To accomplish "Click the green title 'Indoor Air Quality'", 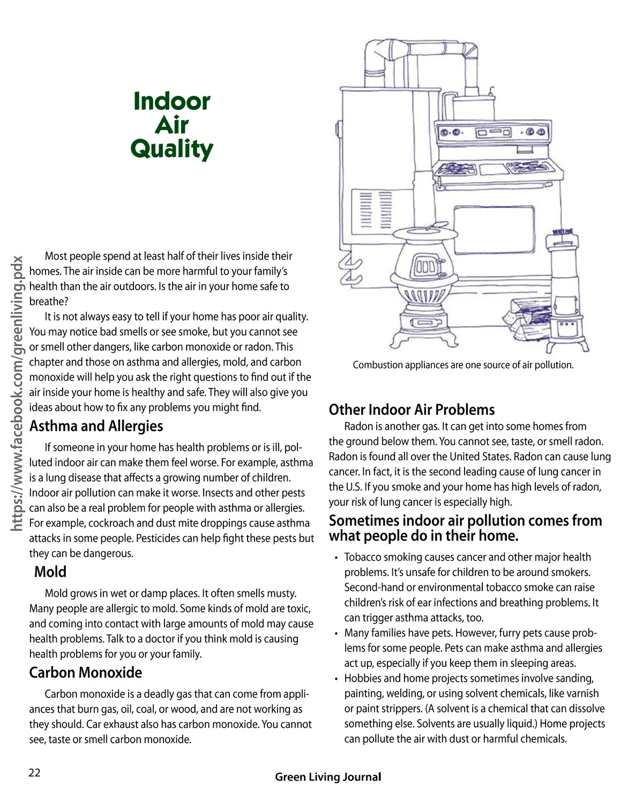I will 172,125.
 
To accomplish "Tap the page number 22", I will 34,772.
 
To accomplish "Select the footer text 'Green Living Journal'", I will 328,777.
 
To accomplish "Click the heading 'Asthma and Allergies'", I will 96,426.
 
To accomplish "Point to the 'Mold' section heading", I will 50,572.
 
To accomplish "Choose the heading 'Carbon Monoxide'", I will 86,672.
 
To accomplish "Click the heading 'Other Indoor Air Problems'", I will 412,409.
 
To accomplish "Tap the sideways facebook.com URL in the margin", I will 17,394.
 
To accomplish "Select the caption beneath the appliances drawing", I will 463,365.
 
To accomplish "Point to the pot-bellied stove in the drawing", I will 424,284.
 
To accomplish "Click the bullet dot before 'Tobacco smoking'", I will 336,558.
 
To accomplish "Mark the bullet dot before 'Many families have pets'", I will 336,634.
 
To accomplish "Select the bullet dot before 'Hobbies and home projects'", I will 336,679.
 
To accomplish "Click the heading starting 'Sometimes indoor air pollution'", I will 465,528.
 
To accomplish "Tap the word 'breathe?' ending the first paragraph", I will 49,301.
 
